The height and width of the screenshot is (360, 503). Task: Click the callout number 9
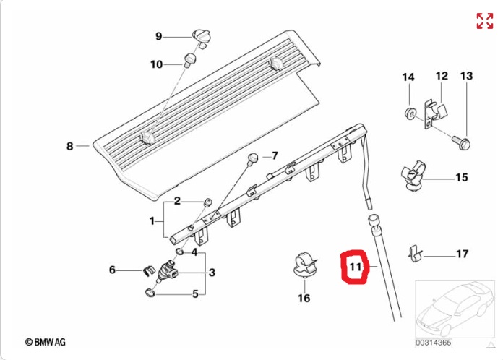[x=158, y=36]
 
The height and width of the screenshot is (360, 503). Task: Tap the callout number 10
[x=157, y=64]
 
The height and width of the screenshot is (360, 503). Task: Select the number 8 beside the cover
[x=70, y=146]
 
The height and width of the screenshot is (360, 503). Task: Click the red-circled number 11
[x=355, y=267]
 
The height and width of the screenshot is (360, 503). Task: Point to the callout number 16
[x=304, y=298]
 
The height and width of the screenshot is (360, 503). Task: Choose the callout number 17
[x=462, y=254]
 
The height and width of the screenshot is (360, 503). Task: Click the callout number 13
[x=466, y=76]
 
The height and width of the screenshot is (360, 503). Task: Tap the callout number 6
[x=112, y=270]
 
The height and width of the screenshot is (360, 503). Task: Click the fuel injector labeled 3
[x=168, y=270]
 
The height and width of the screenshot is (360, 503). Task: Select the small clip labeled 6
[x=147, y=271]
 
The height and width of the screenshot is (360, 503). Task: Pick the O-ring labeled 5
[x=150, y=293]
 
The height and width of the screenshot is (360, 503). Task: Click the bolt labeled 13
[x=461, y=142]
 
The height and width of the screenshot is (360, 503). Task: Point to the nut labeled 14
[x=409, y=113]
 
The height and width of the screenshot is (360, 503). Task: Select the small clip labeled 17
[x=415, y=254]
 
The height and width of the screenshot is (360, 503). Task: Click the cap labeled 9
[x=202, y=38]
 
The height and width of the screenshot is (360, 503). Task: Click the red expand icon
[x=485, y=21]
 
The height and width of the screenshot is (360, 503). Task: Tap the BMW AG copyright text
[x=46, y=343]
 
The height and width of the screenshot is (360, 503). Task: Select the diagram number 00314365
[x=434, y=343]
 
